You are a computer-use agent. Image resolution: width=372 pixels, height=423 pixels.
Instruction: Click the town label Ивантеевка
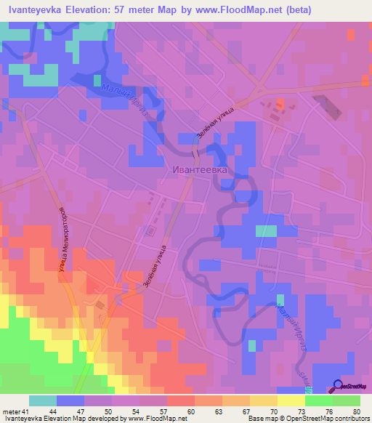201,169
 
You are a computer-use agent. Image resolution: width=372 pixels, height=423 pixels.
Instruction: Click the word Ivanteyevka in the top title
34,10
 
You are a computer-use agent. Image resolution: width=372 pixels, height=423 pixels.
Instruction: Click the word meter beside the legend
9,411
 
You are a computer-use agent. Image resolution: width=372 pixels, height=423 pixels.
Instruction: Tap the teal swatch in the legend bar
43,400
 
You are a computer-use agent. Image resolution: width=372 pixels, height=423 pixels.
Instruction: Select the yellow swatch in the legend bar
291,400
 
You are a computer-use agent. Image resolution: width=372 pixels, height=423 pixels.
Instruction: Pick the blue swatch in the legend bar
70,400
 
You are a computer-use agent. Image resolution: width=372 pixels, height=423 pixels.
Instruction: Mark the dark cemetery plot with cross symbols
328,106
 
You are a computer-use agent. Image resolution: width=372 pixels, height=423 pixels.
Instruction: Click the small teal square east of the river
267,231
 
